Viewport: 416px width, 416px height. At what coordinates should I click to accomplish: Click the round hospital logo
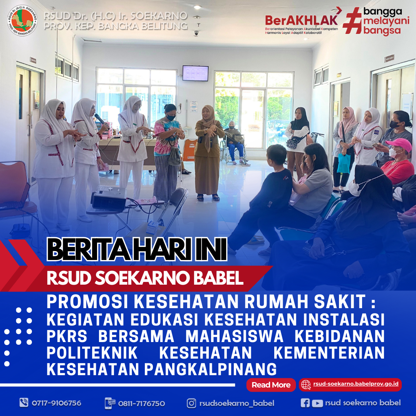coord(22,20)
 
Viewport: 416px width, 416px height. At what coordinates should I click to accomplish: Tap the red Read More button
coord(271,385)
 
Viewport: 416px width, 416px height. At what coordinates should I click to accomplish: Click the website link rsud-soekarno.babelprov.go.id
coord(356,384)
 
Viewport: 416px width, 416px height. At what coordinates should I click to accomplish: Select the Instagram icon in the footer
coord(191,403)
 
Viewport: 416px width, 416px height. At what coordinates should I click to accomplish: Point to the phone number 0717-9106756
coord(56,403)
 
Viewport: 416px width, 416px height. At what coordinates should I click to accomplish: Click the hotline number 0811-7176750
coord(141,404)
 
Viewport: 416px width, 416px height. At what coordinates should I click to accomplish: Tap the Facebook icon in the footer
coord(305,403)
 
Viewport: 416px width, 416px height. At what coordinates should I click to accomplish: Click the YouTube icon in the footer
coord(317,403)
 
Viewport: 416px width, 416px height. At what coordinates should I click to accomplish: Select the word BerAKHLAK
coord(301,20)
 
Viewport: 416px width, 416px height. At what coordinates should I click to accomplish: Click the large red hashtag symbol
coord(352,21)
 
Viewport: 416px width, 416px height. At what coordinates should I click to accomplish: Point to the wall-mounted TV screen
coord(195,73)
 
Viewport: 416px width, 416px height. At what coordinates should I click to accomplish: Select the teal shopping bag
coord(344,163)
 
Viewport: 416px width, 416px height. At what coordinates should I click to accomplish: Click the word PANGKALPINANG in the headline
coord(210,369)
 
